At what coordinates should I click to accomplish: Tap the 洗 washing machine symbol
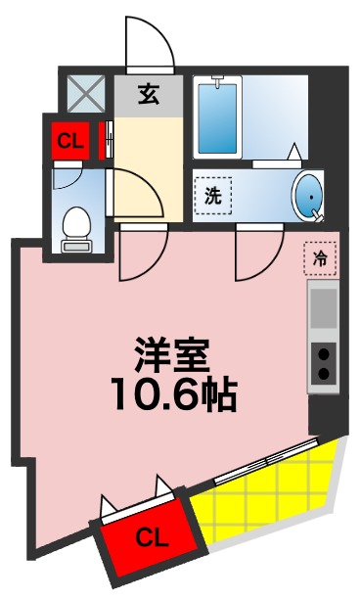click(x=212, y=195)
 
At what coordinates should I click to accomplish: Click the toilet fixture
click(x=74, y=231)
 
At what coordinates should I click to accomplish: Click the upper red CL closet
click(x=67, y=140)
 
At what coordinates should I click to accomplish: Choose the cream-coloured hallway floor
click(x=149, y=157)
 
